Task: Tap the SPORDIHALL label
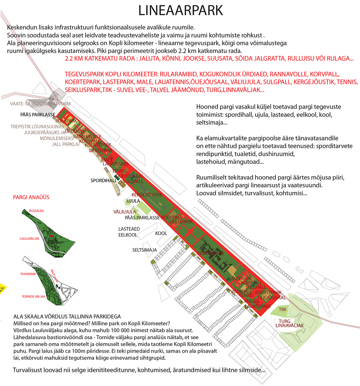104,181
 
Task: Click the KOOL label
161,233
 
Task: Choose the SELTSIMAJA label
144,250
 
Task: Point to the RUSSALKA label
37,211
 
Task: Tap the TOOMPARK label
29,274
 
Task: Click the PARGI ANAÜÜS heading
31,197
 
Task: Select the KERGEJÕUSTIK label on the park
147,195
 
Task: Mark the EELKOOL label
128,235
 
